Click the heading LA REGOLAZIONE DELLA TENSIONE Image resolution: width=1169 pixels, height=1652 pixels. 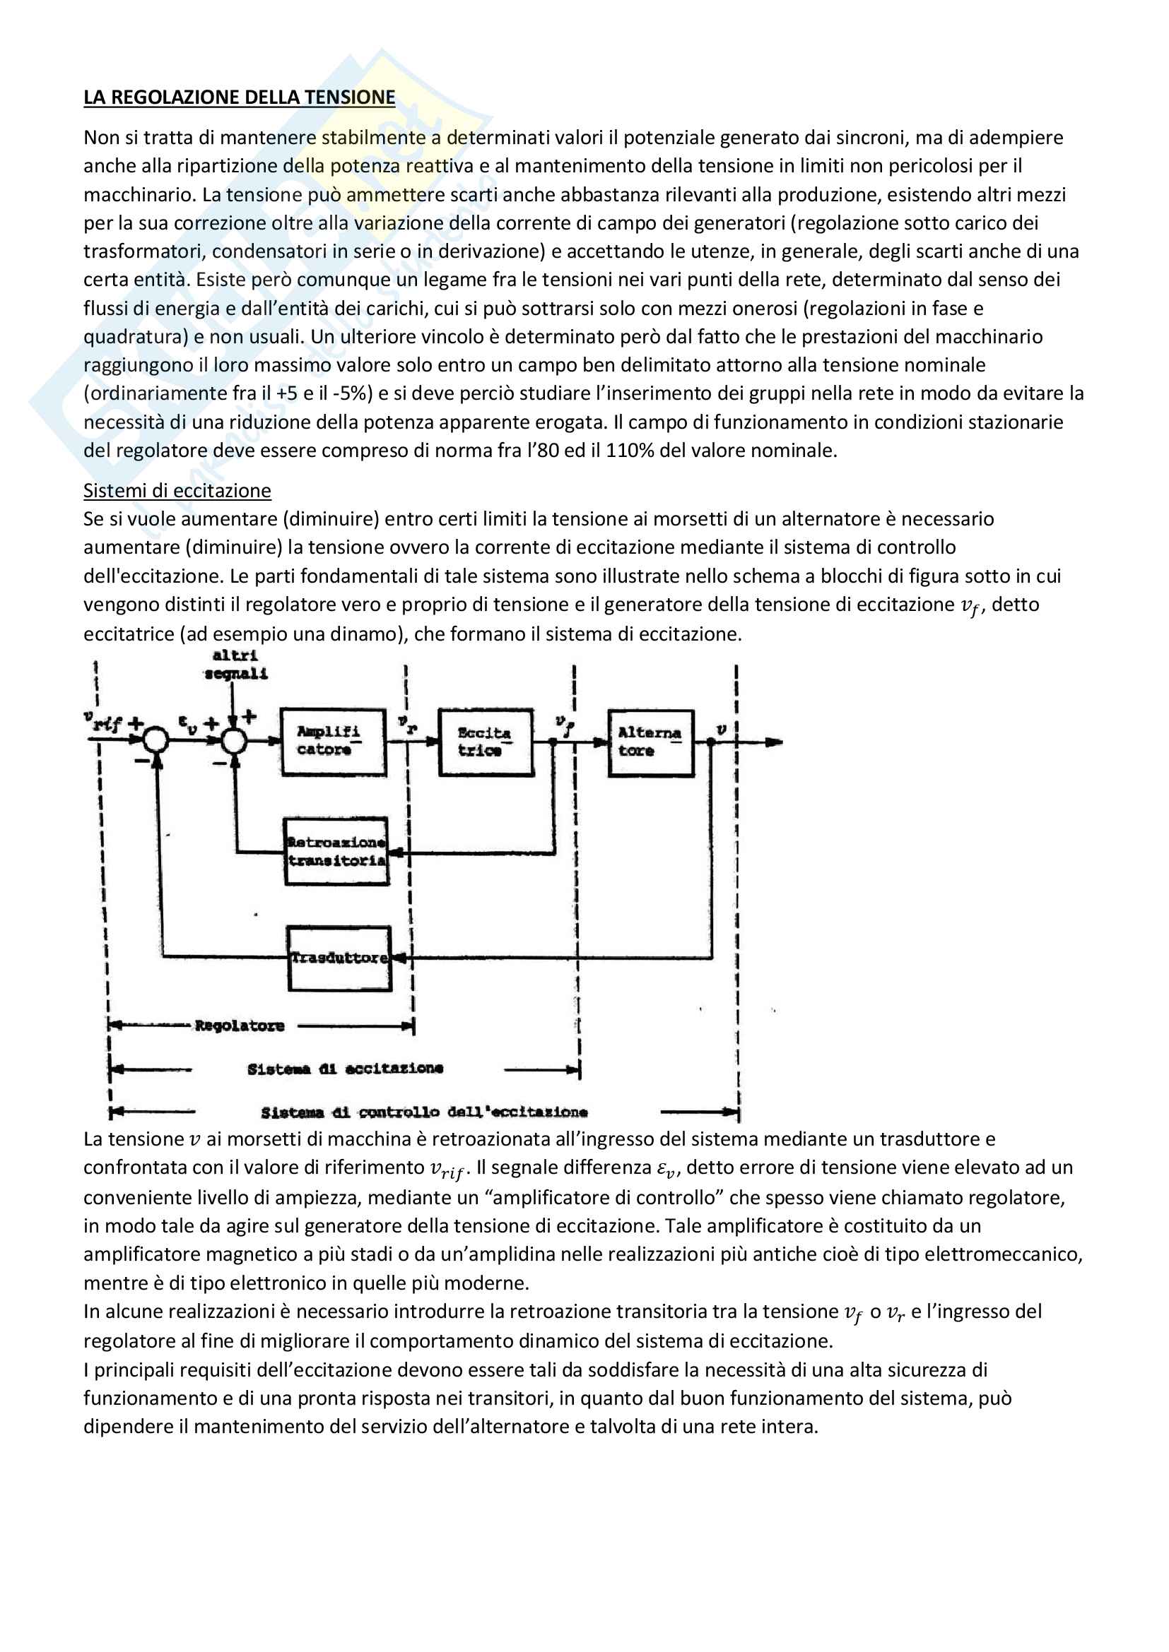[239, 97]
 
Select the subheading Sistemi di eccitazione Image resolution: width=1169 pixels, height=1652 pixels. [177, 491]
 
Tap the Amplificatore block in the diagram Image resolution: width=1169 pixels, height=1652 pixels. [333, 741]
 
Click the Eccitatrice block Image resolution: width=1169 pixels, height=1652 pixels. [486, 742]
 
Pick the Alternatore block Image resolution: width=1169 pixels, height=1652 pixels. [651, 742]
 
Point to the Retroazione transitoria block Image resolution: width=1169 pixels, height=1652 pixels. [337, 850]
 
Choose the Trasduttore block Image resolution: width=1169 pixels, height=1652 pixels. [339, 958]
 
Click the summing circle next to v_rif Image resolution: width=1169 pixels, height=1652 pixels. [155, 739]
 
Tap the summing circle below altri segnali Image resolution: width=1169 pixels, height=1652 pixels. [233, 739]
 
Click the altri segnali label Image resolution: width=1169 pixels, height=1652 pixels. [235, 664]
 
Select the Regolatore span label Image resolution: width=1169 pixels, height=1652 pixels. [240, 1026]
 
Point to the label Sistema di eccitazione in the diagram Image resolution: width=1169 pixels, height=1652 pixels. [345, 1069]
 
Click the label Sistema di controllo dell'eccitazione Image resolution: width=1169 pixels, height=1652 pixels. [424, 1112]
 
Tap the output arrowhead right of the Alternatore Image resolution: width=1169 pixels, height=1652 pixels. [774, 742]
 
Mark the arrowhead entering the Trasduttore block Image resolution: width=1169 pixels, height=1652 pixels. [399, 958]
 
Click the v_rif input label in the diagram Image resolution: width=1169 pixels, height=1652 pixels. [102, 721]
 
